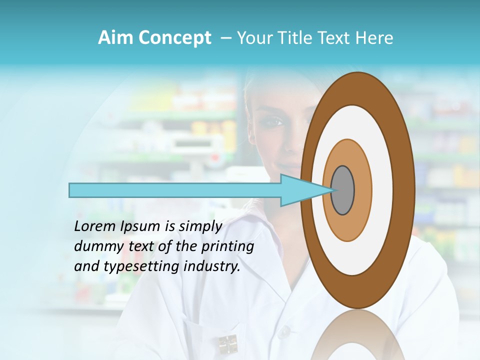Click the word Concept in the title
(174, 38)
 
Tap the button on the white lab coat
(284, 331)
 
